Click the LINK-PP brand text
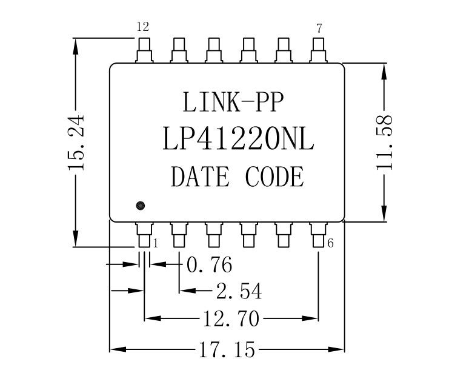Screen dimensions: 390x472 coord(233,102)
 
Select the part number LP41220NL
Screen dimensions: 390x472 coord(238,140)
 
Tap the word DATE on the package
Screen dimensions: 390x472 coord(200,177)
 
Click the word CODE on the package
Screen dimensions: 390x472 coord(274,177)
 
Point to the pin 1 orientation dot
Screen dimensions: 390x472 coord(141,206)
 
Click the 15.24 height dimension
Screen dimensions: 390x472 coord(77,143)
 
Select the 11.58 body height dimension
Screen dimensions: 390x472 coord(385,143)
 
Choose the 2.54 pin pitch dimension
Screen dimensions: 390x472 coord(239,292)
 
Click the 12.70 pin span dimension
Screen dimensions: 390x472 coord(231,318)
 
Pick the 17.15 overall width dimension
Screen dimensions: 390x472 coord(227,350)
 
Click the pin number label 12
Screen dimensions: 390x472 coord(142,27)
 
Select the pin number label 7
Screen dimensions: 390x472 coord(319,28)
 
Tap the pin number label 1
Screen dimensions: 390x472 coord(156,243)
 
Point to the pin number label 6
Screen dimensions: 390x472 coord(331,243)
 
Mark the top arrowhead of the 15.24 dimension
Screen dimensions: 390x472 coord(76,45)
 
